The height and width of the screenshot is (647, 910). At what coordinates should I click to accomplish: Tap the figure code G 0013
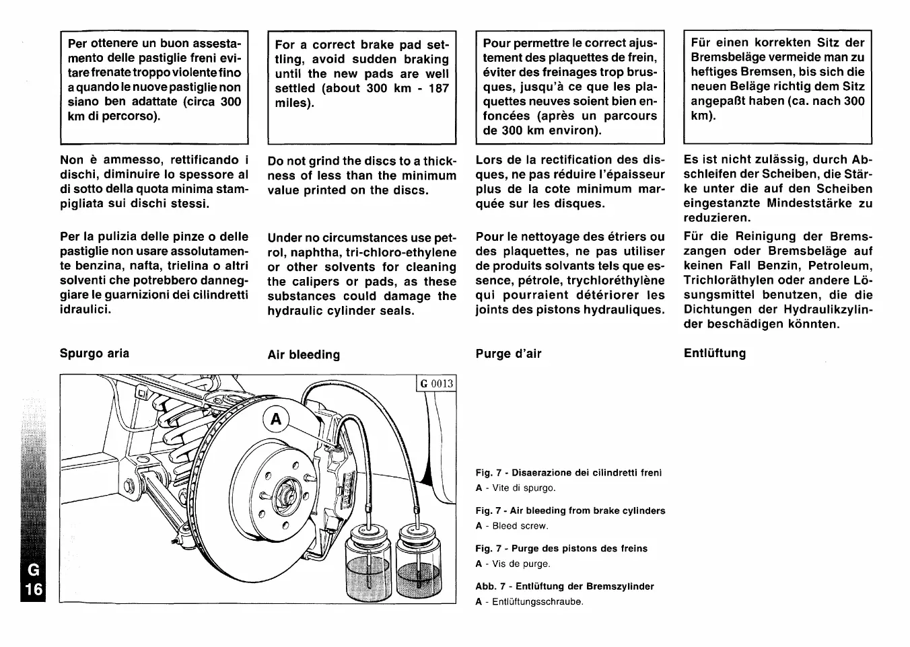point(437,384)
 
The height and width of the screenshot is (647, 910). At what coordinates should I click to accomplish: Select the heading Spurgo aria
point(94,354)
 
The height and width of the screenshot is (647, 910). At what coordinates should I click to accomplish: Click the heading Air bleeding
point(304,355)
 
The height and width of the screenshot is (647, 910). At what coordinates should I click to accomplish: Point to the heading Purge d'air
point(508,354)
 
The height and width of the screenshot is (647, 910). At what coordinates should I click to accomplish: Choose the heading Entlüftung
point(715,354)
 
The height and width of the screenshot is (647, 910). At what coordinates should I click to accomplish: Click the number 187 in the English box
point(438,88)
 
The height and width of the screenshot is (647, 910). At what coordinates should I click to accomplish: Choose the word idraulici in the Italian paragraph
point(85,309)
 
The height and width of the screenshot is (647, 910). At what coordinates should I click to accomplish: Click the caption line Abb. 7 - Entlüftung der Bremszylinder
point(565,586)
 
